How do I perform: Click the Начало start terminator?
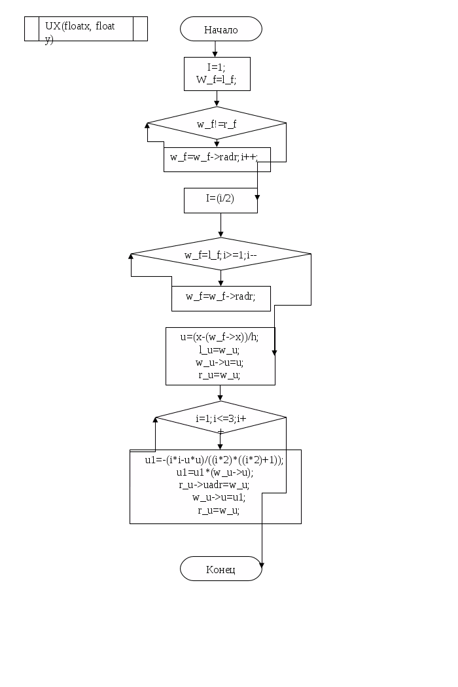pyautogui.click(x=221, y=29)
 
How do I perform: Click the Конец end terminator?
pyautogui.click(x=221, y=569)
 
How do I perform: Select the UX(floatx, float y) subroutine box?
pyautogui.click(x=86, y=29)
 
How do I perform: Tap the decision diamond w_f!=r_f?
pyautogui.click(x=217, y=123)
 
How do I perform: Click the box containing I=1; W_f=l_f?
pyautogui.click(x=217, y=74)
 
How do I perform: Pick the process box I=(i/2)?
pyautogui.click(x=220, y=201)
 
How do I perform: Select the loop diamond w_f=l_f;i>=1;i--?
pyautogui.click(x=221, y=254)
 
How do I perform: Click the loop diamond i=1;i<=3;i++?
pyautogui.click(x=221, y=417)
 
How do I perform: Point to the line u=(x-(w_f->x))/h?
pyautogui.click(x=220, y=337)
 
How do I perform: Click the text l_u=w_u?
pyautogui.click(x=219, y=349)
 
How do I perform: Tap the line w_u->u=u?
pyautogui.click(x=219, y=362)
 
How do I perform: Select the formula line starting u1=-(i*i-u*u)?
pyautogui.click(x=215, y=460)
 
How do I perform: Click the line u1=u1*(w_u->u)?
pyautogui.click(x=215, y=472)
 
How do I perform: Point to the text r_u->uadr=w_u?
pyautogui.click(x=214, y=485)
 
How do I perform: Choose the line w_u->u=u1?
pyautogui.click(x=219, y=498)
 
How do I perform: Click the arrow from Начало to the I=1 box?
pyautogui.click(x=215, y=49)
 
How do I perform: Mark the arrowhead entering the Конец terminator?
pyautogui.click(x=262, y=565)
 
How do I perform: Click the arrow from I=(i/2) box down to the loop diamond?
pyautogui.click(x=220, y=225)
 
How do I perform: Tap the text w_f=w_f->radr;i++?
pyautogui.click(x=214, y=157)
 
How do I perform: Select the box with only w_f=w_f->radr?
pyautogui.click(x=221, y=299)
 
